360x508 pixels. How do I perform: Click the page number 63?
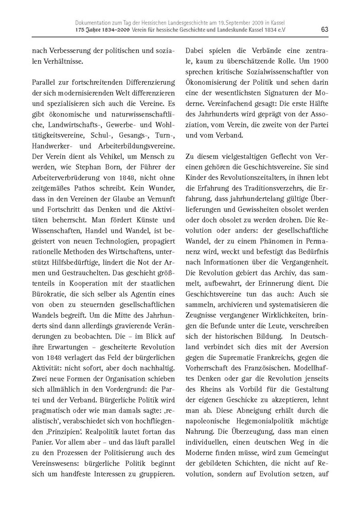pos(324,29)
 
